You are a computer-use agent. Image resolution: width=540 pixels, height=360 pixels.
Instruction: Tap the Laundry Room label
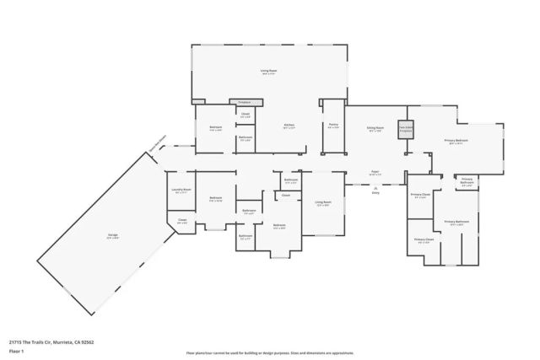181,191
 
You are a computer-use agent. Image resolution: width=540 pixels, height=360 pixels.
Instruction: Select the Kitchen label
289,126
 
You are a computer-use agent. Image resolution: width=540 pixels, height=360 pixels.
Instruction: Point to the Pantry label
333,126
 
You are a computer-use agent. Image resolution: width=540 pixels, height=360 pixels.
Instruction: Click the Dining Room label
375,128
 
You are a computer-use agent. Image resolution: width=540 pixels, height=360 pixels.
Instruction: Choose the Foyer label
375,172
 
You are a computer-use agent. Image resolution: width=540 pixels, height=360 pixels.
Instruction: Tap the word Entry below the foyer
375,191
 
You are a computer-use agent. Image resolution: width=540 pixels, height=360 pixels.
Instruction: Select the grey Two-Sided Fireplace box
405,129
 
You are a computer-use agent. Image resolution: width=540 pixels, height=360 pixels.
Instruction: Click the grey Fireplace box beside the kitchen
246,102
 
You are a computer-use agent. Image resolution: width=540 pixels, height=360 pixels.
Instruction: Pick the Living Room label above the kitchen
270,73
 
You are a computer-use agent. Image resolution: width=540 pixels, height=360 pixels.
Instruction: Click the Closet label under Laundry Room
181,221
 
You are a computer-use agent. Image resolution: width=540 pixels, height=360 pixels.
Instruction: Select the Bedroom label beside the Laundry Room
215,199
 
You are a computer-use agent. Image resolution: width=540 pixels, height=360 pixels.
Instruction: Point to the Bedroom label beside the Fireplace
215,128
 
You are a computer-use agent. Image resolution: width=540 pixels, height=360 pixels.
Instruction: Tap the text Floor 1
17,349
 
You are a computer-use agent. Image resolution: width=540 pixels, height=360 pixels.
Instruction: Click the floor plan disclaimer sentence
270,353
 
